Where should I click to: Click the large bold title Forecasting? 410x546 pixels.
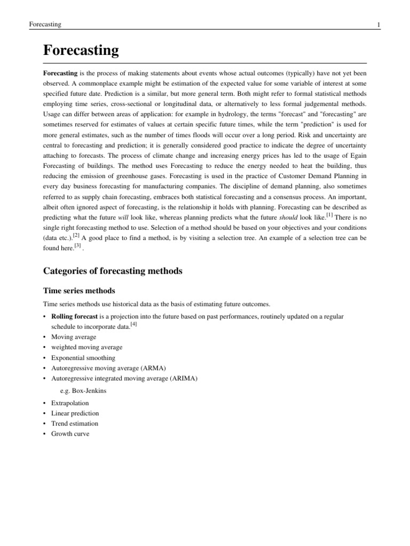pos(81,51)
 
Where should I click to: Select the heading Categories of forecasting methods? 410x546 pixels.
pos(112,271)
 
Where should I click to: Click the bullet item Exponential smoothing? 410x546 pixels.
pos(83,358)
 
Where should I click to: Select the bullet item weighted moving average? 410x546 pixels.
pos(86,347)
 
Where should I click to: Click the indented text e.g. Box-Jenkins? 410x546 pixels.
pos(83,391)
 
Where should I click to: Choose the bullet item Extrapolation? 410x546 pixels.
pos(70,403)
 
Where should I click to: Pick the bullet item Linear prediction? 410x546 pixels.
pos(75,413)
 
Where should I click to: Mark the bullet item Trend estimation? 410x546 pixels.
pos(75,423)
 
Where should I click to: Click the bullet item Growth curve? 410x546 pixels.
pos(70,433)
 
